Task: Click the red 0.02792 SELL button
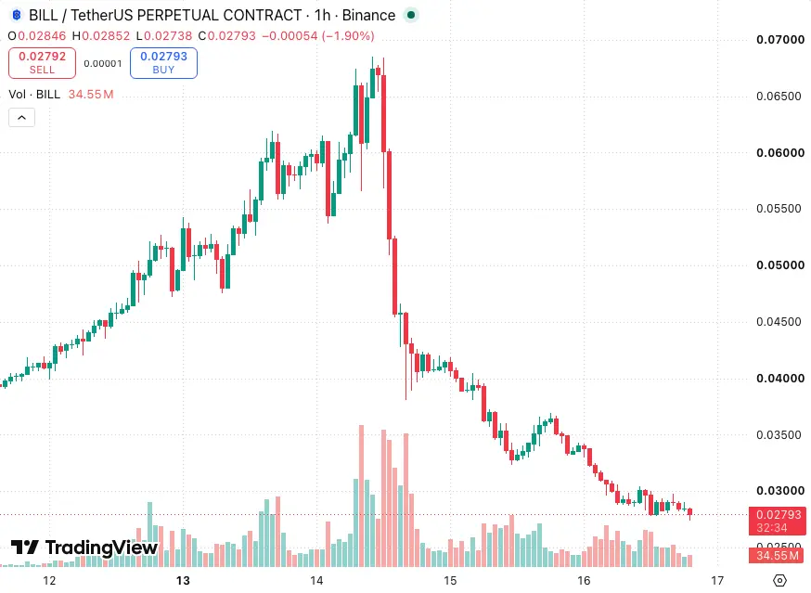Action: [x=42, y=62]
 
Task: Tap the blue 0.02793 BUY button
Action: [x=163, y=62]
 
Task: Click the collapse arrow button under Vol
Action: [x=21, y=118]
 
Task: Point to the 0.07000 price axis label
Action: [x=780, y=39]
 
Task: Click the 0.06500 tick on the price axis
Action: [x=779, y=96]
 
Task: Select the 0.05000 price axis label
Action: [x=780, y=264]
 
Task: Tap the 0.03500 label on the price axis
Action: [x=779, y=434]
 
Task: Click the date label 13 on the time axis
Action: [x=183, y=581]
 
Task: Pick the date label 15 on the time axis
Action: [x=450, y=581]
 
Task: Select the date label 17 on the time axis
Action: [x=717, y=581]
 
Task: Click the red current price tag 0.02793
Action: [x=778, y=521]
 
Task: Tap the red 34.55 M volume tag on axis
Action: [x=778, y=556]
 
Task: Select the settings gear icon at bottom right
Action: [x=779, y=581]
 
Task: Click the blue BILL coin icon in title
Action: [x=17, y=15]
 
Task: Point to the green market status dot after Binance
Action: [x=411, y=15]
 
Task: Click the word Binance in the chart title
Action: [x=368, y=15]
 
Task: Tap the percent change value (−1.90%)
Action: [x=348, y=35]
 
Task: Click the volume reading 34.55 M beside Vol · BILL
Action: [x=91, y=94]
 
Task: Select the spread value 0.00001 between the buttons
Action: [x=103, y=64]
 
